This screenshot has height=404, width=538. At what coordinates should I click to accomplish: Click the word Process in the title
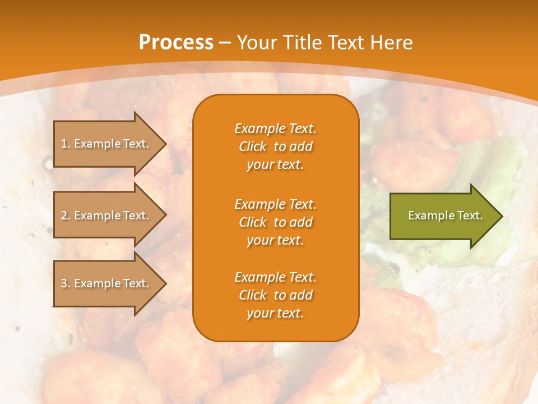coord(176,43)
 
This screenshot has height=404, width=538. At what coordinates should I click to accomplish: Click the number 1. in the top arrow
coord(66,144)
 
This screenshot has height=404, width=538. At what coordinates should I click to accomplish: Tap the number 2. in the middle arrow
coord(66,215)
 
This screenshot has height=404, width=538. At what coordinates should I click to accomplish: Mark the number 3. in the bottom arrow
coord(66,283)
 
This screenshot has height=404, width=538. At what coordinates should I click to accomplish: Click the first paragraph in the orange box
coord(275,146)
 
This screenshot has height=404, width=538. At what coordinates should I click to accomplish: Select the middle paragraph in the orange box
coord(275,222)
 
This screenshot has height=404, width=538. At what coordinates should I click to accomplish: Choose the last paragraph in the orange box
coord(275,295)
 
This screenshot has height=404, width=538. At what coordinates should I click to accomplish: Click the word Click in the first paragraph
coord(253,146)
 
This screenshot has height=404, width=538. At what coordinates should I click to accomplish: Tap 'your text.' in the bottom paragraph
coord(275,314)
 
